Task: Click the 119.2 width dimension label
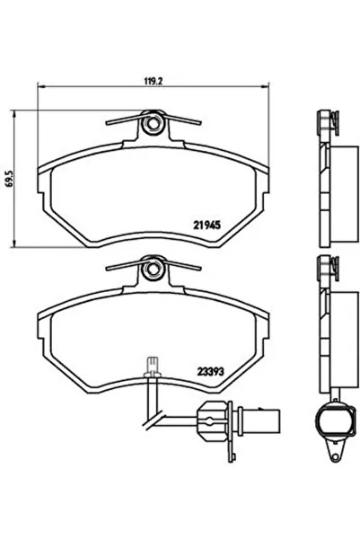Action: tap(153, 79)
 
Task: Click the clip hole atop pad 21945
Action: tap(154, 122)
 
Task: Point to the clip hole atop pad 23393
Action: tap(154, 265)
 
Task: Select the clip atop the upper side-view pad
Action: tap(326, 121)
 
